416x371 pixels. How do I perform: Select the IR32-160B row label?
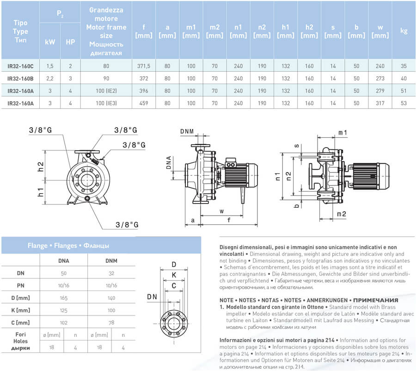click(20, 78)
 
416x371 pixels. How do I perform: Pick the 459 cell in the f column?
click(143, 103)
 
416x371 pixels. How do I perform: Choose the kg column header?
click(404, 31)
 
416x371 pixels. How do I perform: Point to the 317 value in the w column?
click(380, 103)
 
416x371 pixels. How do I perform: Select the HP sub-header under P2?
click(70, 42)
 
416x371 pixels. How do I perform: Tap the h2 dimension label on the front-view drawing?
click(40, 166)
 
